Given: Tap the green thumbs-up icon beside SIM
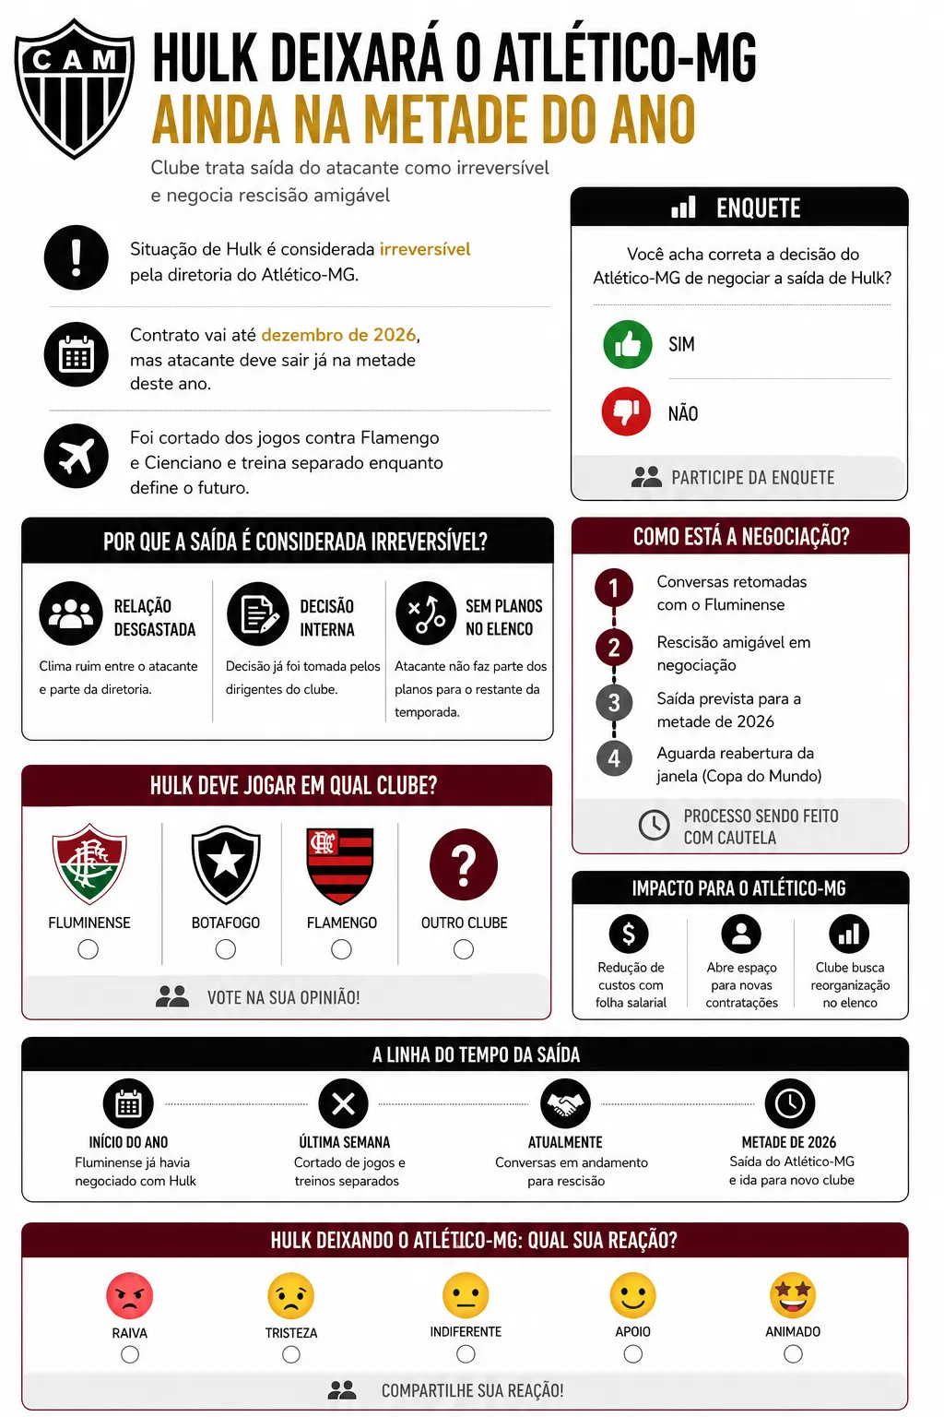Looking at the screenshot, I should point(627,344).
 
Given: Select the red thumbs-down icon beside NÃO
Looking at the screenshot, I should point(627,411).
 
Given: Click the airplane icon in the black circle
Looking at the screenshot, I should point(76,455).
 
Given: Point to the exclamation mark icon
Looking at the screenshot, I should point(76,257).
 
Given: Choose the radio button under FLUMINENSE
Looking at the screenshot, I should point(88,949).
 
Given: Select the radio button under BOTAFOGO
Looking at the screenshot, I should point(226,949).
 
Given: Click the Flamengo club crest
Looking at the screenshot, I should point(340,865).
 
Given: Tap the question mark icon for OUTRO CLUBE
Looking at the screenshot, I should point(464,865).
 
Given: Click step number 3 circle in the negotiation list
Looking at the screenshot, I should point(614,703).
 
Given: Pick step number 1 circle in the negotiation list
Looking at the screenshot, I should point(614,588).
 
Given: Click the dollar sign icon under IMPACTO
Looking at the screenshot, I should point(629,934).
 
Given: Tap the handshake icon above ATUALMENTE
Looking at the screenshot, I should point(565,1103).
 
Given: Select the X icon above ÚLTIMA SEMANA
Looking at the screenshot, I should point(343,1103).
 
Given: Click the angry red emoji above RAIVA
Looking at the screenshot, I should point(130,1295).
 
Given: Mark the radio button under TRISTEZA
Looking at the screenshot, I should point(291,1354).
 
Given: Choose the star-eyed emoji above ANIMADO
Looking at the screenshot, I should point(793,1295).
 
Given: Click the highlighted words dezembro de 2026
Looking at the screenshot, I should point(338,335).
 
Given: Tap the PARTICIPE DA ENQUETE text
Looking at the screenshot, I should point(752,478).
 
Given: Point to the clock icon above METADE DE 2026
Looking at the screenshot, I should point(790,1103).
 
